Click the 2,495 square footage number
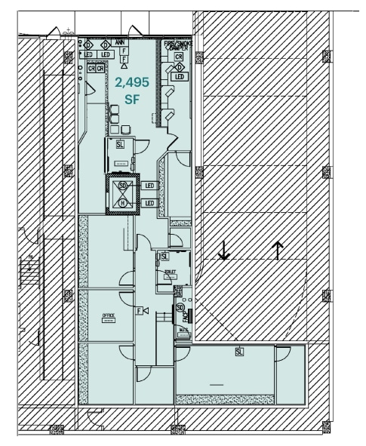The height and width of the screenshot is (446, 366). pyautogui.click(x=132, y=82)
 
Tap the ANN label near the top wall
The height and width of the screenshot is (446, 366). pyautogui.click(x=119, y=42)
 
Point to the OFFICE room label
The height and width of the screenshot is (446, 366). pyautogui.click(x=109, y=315)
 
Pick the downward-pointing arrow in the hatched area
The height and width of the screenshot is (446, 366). pyautogui.click(x=223, y=250)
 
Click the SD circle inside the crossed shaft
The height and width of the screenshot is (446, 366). pyautogui.click(x=122, y=184)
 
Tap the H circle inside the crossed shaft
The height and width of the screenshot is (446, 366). pyautogui.click(x=122, y=202)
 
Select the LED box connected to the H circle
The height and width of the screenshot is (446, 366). pyautogui.click(x=149, y=203)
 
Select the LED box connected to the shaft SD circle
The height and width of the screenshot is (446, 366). pyautogui.click(x=149, y=185)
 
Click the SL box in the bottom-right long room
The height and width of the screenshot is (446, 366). pyautogui.click(x=239, y=352)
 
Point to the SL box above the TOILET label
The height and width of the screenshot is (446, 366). pyautogui.click(x=164, y=257)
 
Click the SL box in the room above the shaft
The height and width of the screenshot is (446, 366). pyautogui.click(x=121, y=143)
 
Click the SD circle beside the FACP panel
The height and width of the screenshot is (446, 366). pyautogui.click(x=180, y=308)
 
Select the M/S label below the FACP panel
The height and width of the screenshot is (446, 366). pyautogui.click(x=183, y=331)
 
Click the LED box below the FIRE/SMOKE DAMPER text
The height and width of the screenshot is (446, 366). pyautogui.click(x=179, y=77)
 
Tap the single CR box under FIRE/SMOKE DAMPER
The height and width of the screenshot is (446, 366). pyautogui.click(x=179, y=57)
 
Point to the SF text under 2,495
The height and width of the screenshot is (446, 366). pyautogui.click(x=132, y=99)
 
